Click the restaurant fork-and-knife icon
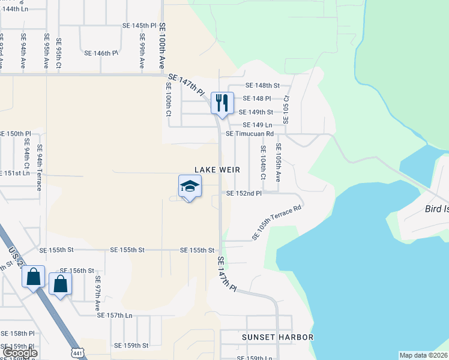[x=222, y=103]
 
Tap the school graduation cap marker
[x=189, y=187]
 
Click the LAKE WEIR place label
[x=217, y=170]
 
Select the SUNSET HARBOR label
[x=277, y=337]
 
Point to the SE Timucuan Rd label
[x=250, y=133]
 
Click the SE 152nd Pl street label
[x=244, y=193]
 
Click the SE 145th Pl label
[x=139, y=26]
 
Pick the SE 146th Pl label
[x=101, y=53]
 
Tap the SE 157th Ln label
[x=114, y=315]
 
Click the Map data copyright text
[x=424, y=355]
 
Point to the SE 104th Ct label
[x=263, y=162]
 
